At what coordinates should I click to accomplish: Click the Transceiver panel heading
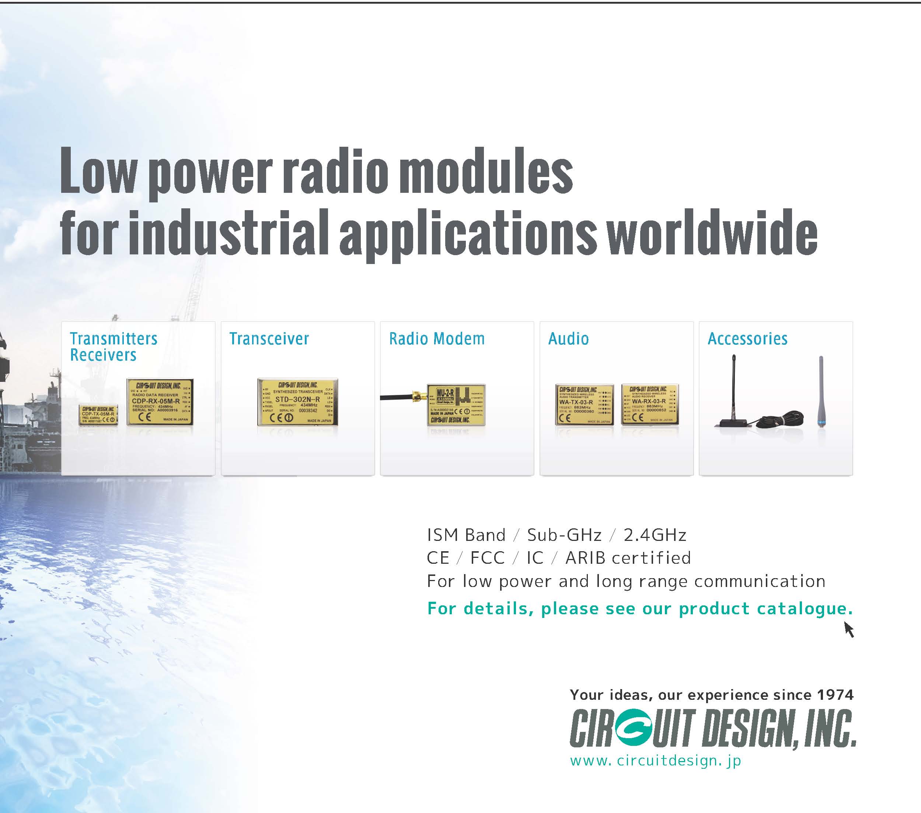point(269,339)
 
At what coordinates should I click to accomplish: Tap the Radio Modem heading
point(437,339)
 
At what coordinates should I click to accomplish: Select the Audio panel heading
point(568,339)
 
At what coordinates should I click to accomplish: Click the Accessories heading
point(747,339)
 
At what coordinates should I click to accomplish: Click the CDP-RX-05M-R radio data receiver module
point(160,402)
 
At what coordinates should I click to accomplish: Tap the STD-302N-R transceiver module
point(297,402)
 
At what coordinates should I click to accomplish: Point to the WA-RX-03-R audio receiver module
point(649,404)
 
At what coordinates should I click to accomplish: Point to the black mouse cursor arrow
point(848,629)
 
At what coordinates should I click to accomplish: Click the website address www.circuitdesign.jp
point(655,761)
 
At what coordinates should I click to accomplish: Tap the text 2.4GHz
point(655,535)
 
